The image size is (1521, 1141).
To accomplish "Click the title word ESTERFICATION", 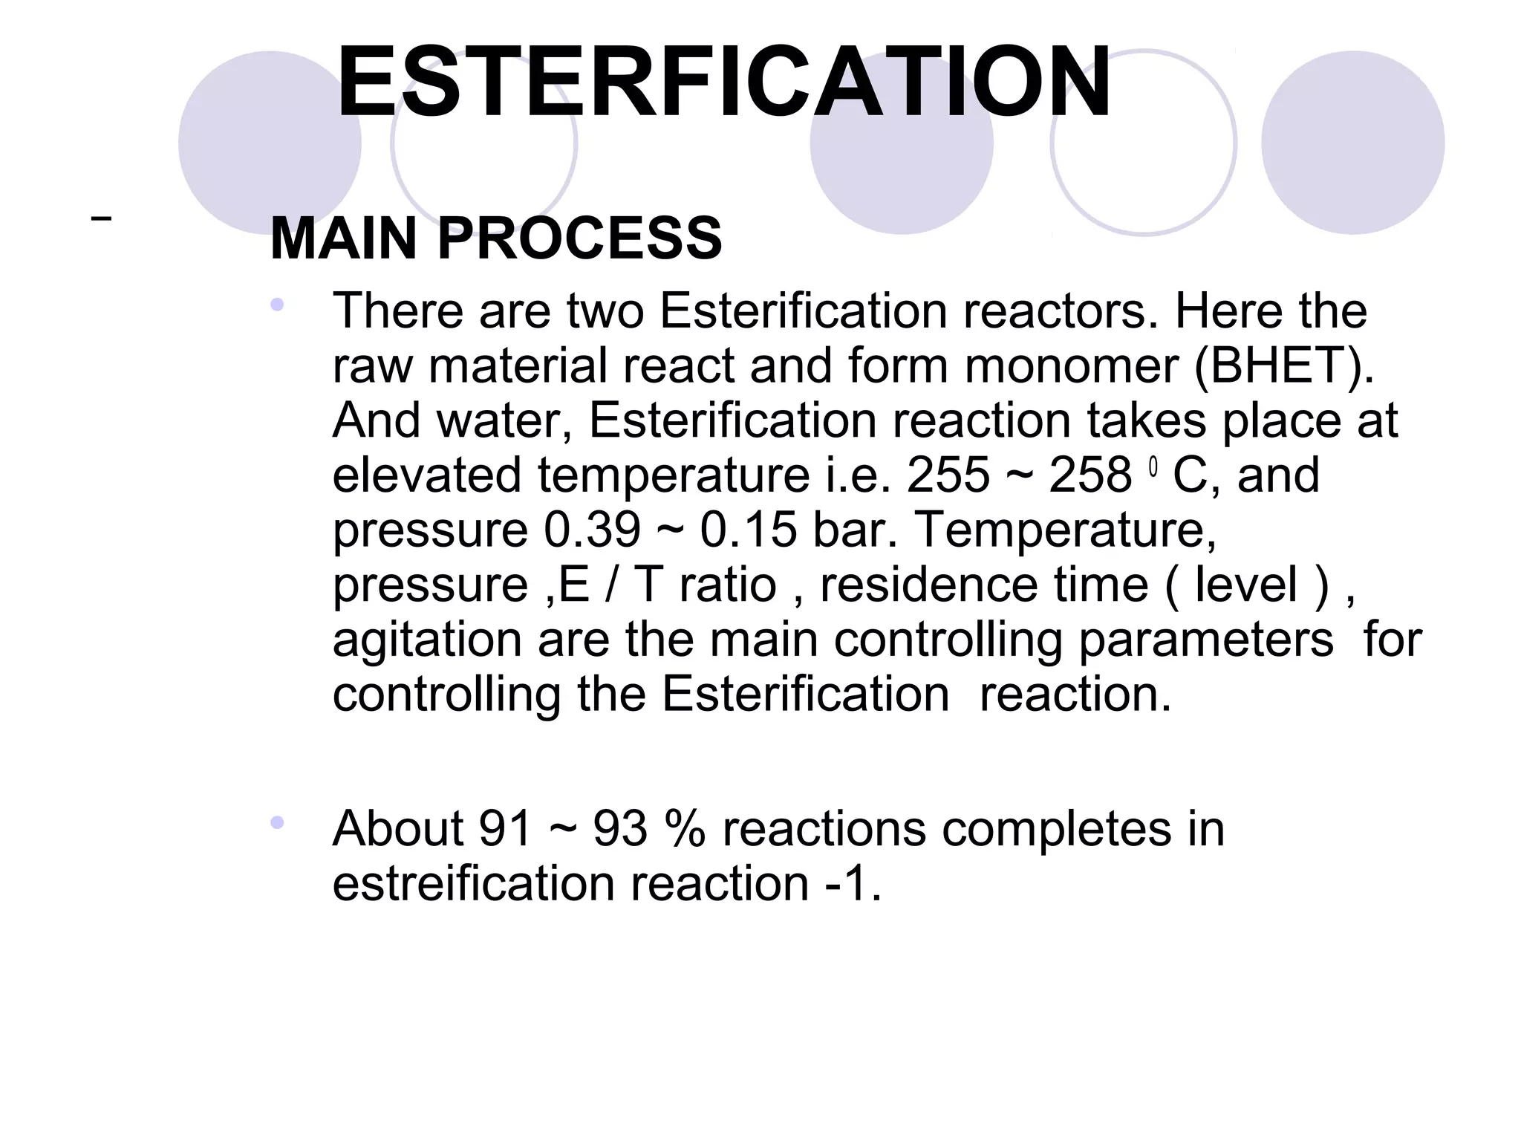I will (x=724, y=82).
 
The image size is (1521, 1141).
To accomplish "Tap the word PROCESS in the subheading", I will (x=579, y=238).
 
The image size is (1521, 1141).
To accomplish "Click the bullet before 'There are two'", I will (x=277, y=304).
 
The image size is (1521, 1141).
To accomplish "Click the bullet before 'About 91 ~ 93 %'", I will (x=277, y=822).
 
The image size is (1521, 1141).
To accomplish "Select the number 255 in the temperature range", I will (x=948, y=475).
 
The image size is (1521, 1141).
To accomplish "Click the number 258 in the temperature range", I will (x=1090, y=475).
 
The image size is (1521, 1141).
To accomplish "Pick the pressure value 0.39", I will (x=592, y=530).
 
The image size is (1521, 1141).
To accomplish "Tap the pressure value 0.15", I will (x=748, y=530).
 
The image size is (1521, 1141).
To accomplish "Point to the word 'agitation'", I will (x=426, y=640).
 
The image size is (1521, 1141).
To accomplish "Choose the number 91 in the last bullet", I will (x=506, y=828).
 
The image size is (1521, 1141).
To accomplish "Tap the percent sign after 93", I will (x=685, y=828).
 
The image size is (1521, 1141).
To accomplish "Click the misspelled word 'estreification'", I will (x=473, y=883).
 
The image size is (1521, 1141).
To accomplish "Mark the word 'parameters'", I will (x=1205, y=639).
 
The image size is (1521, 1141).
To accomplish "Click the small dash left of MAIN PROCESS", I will (x=101, y=218).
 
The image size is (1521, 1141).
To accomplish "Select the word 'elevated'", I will (x=426, y=475).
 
